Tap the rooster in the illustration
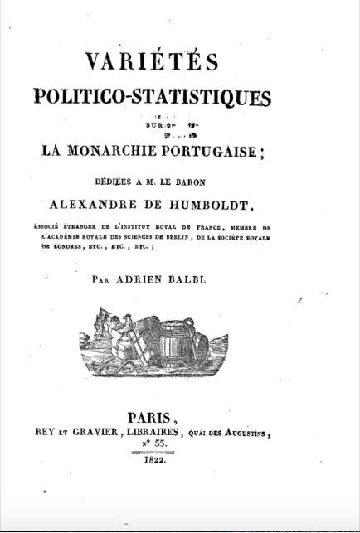pos(125,332)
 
